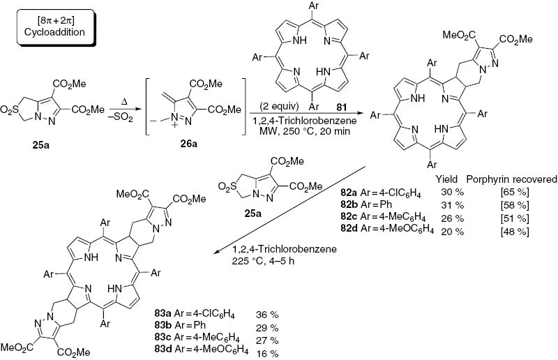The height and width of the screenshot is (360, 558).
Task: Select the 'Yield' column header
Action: (x=446, y=179)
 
